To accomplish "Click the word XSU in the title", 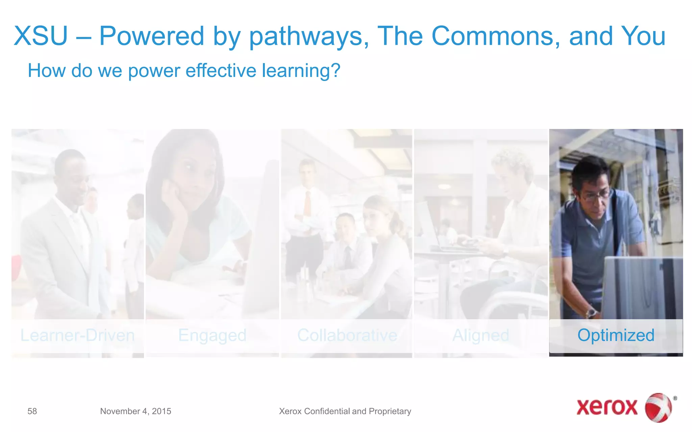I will (41, 36).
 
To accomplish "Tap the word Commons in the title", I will (495, 36).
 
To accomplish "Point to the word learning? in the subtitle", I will (301, 71).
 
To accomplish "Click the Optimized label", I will (616, 335).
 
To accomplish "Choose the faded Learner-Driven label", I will (77, 335).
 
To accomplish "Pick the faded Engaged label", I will (212, 335).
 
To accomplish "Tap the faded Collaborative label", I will (347, 335).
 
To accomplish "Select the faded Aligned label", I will (480, 335).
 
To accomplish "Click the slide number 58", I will (32, 411).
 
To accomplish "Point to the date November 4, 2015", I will (135, 411).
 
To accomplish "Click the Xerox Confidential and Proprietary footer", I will (345, 411).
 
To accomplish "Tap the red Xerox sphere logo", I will (659, 407).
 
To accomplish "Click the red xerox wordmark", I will (607, 407).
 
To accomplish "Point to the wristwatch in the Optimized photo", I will (592, 312).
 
